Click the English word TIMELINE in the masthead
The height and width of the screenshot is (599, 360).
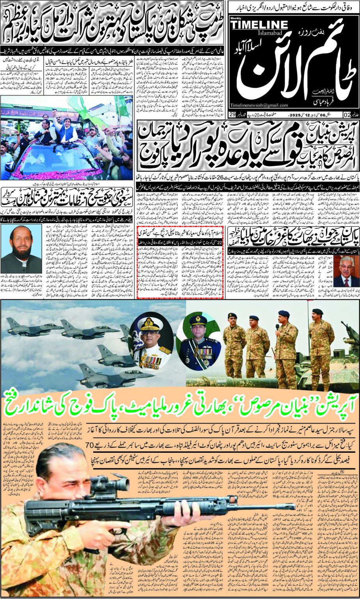(259, 25)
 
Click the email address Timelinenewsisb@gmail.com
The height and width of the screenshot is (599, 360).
(259, 105)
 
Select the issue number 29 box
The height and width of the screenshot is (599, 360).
(232, 115)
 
